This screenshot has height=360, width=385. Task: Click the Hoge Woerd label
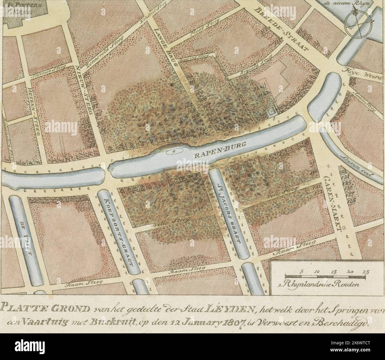tap(362, 73)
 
